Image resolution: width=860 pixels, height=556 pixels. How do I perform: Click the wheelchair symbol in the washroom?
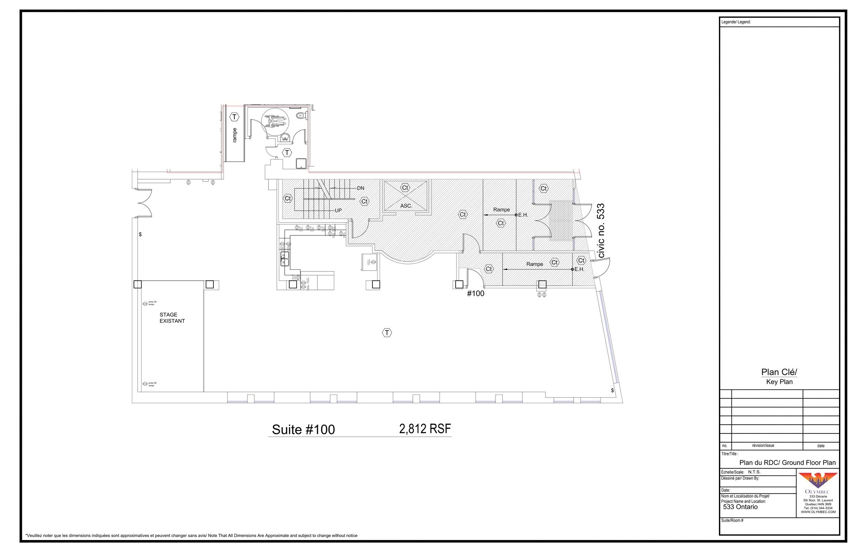(x=275, y=122)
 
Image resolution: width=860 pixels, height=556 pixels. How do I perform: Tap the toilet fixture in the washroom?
(x=300, y=115)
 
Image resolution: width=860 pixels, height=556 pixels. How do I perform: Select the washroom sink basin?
(x=285, y=137)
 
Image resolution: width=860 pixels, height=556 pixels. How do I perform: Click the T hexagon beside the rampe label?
(x=234, y=117)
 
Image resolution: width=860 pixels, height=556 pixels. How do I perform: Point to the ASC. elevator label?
(x=406, y=206)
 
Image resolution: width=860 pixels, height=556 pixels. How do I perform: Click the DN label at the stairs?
(x=360, y=188)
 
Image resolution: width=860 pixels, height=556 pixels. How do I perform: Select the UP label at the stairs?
(x=338, y=210)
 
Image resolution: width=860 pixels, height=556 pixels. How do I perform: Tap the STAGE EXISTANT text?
(x=172, y=318)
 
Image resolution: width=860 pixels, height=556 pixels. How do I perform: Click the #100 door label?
(x=475, y=293)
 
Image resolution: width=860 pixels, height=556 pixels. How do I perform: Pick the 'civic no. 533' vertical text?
(x=601, y=230)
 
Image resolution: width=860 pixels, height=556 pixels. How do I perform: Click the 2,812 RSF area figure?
(x=425, y=428)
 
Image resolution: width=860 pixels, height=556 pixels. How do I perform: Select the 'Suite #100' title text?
(x=303, y=429)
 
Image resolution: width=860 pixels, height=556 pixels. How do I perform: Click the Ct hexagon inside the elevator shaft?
(x=405, y=188)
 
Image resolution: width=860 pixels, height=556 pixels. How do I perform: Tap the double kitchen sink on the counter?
(x=285, y=259)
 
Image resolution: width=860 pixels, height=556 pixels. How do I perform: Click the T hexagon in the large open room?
(x=387, y=333)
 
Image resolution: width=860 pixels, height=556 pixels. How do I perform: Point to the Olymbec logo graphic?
(x=817, y=480)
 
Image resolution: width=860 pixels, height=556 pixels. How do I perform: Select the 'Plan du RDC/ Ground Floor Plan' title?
(x=787, y=462)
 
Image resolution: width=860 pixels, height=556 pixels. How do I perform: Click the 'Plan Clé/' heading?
(x=779, y=372)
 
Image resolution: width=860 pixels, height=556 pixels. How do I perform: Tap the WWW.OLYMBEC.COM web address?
(x=818, y=512)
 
